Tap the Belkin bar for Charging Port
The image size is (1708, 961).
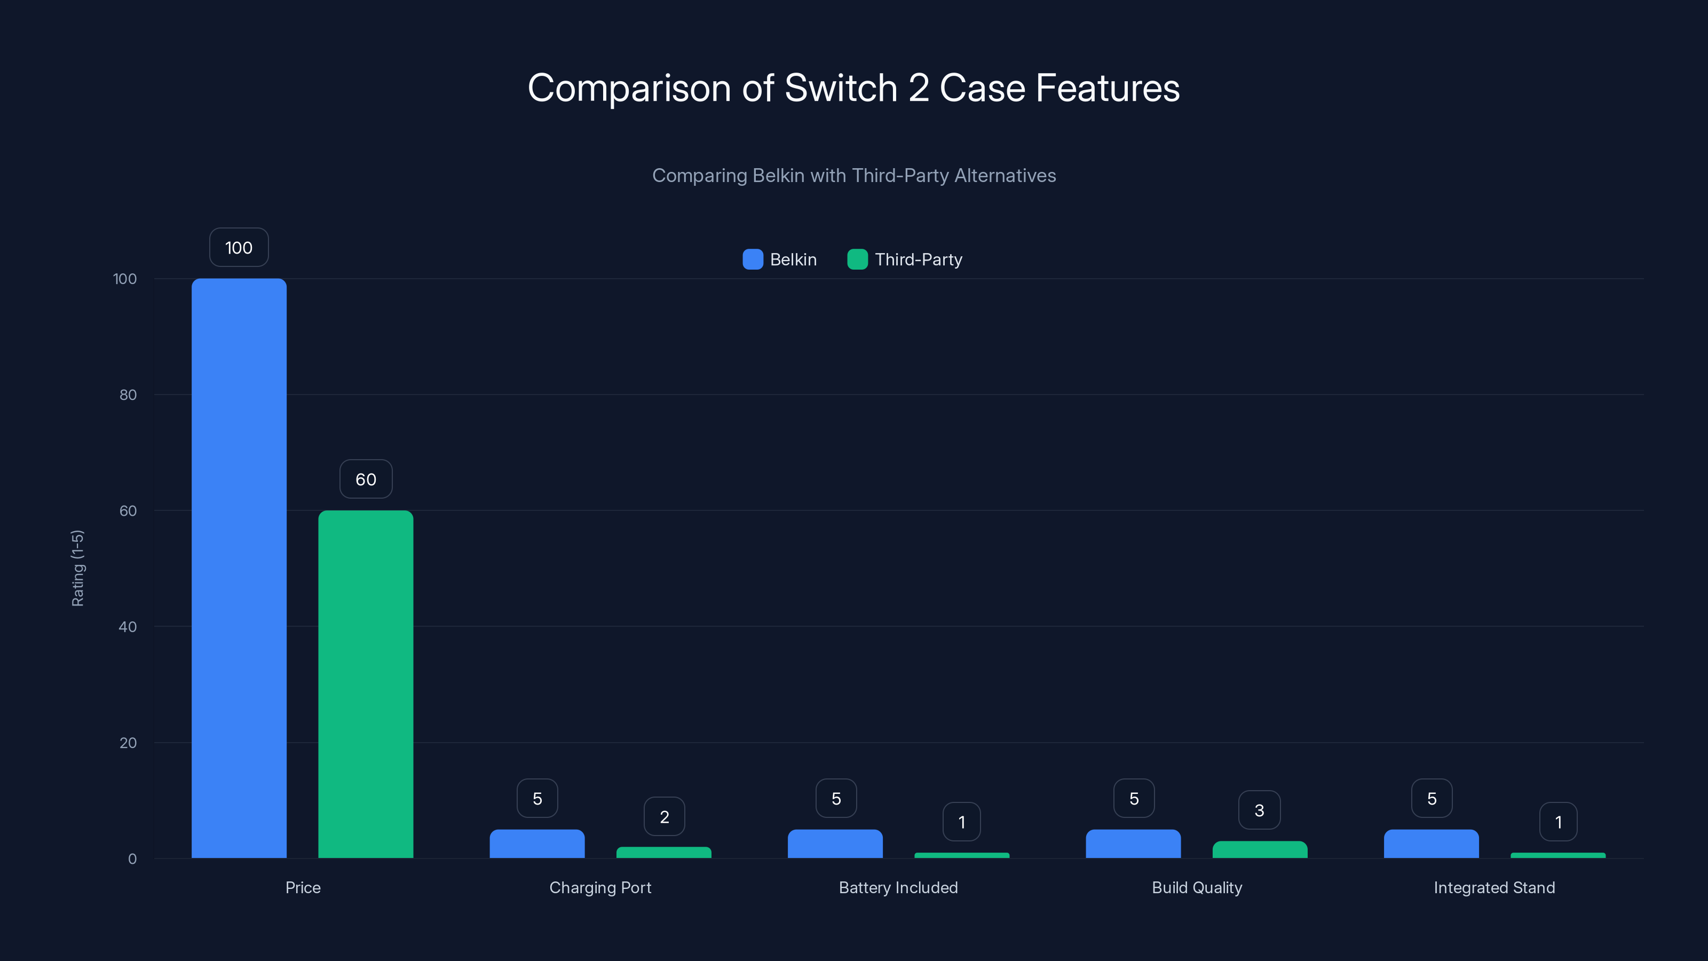[537, 844]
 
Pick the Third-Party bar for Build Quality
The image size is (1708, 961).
[1260, 849]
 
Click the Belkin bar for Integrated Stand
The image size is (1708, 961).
[1431, 844]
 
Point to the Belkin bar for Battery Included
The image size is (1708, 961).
[835, 844]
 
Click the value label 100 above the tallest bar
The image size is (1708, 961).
[239, 247]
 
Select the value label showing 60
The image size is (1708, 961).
[365, 479]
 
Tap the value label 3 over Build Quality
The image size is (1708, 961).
[1259, 810]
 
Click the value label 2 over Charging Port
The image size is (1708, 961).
[663, 816]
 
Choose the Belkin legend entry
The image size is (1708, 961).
[780, 259]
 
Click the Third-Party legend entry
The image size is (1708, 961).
[905, 259]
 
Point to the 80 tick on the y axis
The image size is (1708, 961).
[128, 395]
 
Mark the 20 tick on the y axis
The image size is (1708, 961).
[128, 743]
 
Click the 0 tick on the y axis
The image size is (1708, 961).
[132, 859]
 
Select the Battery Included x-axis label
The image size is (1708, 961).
[898, 887]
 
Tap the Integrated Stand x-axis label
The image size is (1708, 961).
[1494, 887]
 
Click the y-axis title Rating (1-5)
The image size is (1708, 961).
[77, 568]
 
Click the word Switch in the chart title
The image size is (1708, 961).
[841, 88]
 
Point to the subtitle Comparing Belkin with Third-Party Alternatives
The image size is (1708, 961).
[854, 175]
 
